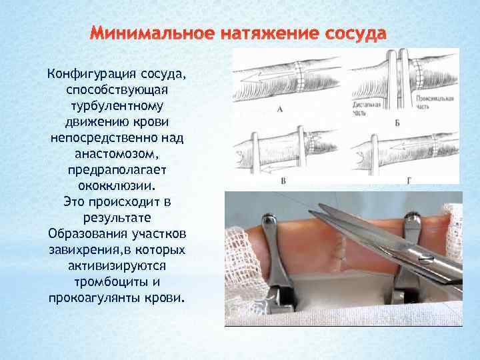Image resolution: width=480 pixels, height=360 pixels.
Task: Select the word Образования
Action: (x=87, y=233)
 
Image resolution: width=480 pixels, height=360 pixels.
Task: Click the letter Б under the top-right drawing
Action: (x=397, y=123)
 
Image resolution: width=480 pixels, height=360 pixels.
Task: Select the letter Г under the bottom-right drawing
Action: (x=408, y=181)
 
